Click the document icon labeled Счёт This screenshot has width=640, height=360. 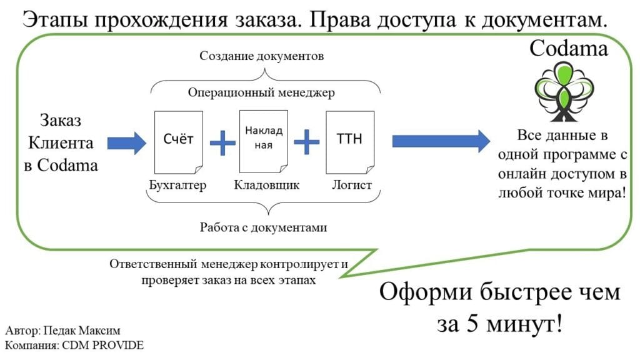178,142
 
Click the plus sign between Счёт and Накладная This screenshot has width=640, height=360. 222,143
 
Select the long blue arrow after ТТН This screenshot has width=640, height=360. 440,141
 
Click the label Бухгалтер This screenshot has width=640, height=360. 177,186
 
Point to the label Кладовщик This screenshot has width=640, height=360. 267,186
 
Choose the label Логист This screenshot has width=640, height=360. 351,186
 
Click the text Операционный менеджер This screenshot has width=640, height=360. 261,93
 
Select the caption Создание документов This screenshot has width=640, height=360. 261,56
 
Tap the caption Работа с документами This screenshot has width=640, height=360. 263,227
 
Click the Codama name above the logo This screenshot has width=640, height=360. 569,48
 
